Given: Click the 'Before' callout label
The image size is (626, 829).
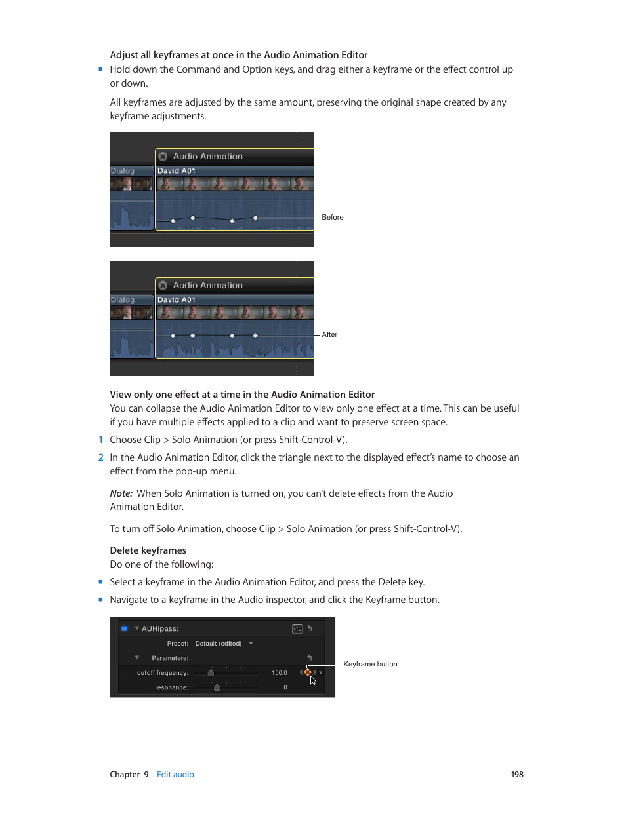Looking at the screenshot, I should click(333, 217).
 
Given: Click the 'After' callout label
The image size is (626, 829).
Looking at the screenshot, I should click(329, 334).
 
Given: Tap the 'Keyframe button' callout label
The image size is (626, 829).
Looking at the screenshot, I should click(370, 664).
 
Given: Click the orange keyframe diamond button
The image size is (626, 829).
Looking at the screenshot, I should click(308, 672).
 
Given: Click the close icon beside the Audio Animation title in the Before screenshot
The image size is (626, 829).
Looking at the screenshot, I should click(163, 157).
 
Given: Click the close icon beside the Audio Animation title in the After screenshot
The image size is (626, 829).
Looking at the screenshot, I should click(163, 286).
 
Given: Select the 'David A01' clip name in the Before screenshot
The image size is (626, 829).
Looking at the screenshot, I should click(177, 171).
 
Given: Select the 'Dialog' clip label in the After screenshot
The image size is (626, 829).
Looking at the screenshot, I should click(123, 300).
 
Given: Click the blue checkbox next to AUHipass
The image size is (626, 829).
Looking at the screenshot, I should click(124, 628).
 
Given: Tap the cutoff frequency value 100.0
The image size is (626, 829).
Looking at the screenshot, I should click(279, 673).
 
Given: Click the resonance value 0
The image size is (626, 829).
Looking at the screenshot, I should click(285, 687).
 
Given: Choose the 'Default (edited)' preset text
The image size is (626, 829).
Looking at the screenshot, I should click(219, 644).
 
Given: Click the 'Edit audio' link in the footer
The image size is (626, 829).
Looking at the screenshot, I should click(175, 775).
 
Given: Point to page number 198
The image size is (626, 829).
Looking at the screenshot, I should click(517, 775).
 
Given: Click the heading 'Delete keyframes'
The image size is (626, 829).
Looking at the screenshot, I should click(148, 550).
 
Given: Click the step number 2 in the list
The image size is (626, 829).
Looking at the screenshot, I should click(101, 457).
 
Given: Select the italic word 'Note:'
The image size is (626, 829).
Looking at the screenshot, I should click(121, 493).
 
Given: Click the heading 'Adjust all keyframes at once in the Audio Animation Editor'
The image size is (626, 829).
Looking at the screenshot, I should click(238, 55).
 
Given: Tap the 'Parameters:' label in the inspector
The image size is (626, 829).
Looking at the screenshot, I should click(170, 658).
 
